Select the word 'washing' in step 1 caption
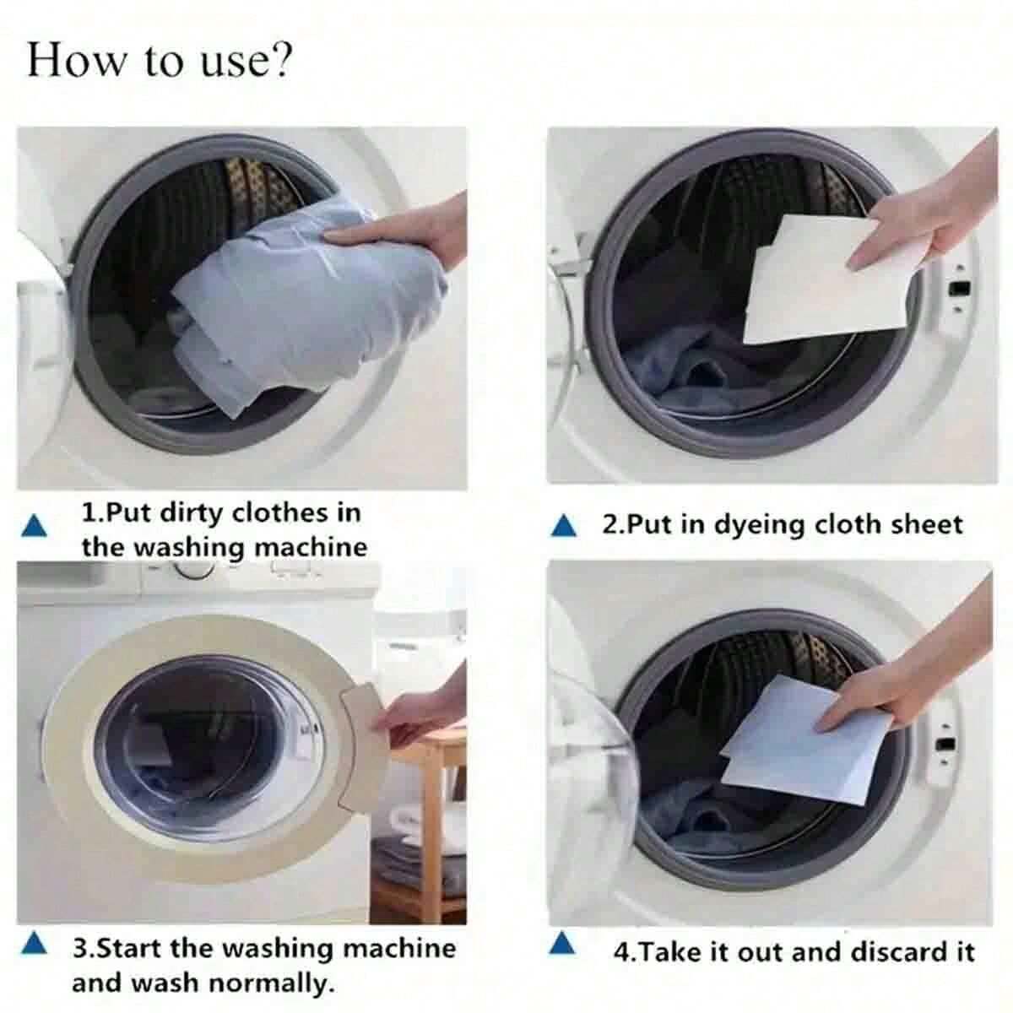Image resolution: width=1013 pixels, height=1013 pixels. coord(192,547)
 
